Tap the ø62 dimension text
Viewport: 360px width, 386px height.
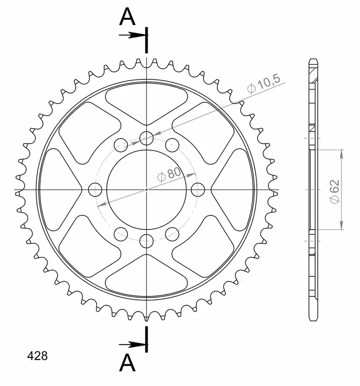coord(335,191)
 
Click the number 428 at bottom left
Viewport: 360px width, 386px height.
coord(37,355)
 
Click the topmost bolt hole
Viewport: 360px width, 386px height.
coord(146,138)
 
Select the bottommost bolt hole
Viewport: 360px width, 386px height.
coord(146,241)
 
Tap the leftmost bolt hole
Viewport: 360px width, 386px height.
coord(95,190)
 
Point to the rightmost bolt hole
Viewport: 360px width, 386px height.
coord(198,190)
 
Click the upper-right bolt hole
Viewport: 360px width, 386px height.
coord(172,145)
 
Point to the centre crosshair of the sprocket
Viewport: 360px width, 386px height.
coord(146,190)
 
